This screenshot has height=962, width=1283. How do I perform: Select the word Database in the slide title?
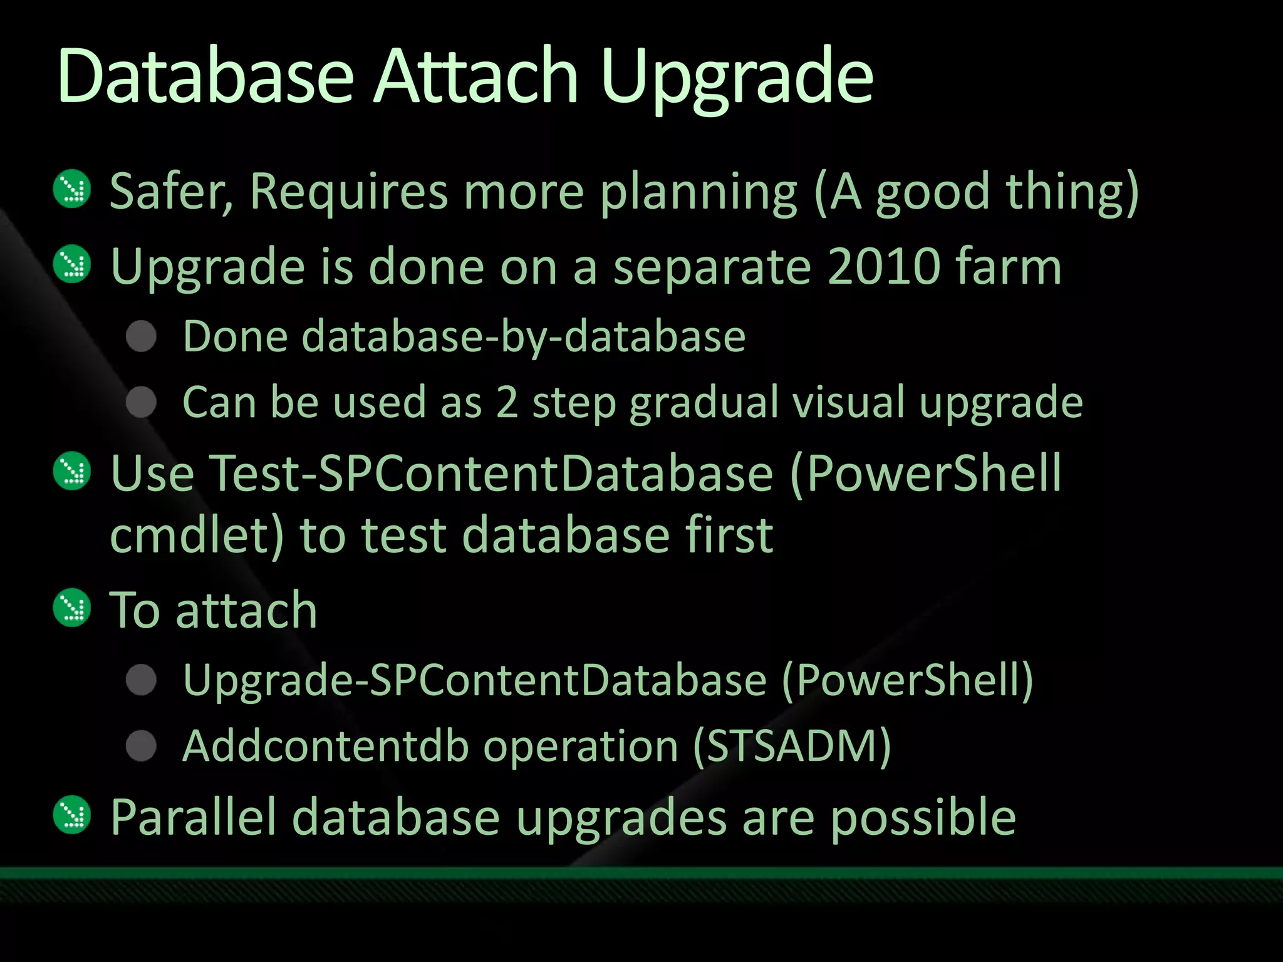(x=205, y=76)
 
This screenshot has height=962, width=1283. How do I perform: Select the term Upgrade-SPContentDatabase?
(x=475, y=680)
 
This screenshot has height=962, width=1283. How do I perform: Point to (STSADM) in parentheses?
(x=792, y=746)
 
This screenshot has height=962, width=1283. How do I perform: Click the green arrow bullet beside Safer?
(x=73, y=189)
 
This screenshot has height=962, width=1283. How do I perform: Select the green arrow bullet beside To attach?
(x=73, y=608)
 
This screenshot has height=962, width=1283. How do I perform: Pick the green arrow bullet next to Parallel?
(x=73, y=815)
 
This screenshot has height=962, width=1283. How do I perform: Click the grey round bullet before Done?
(x=141, y=336)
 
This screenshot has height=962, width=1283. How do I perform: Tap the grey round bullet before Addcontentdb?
(x=141, y=745)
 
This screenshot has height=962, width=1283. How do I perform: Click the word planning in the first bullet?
(x=699, y=192)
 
